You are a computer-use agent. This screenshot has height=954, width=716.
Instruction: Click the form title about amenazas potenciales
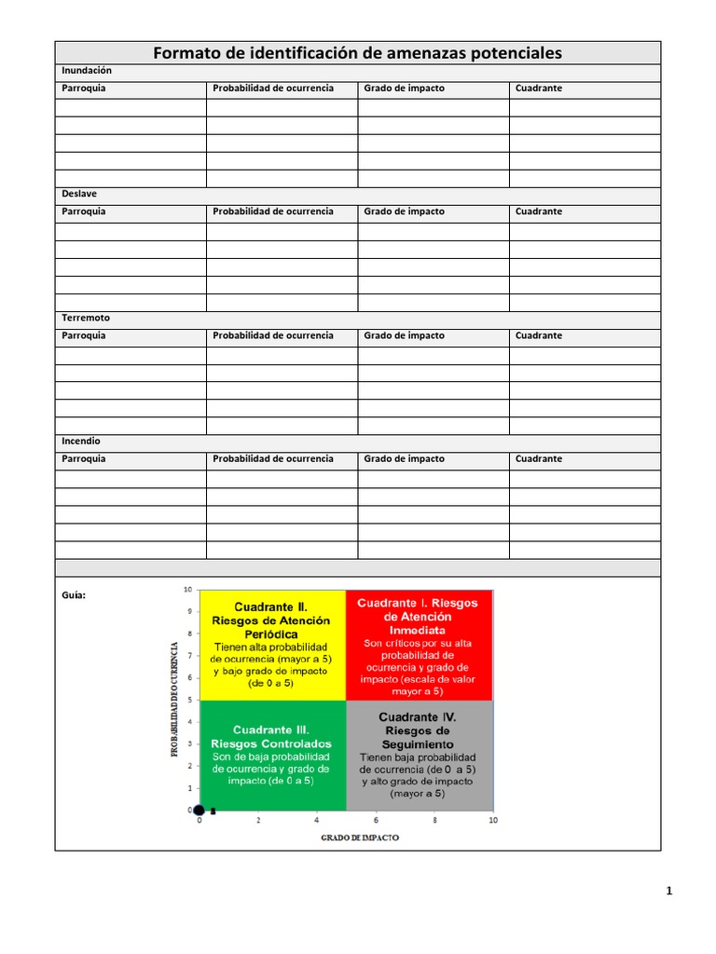(x=357, y=53)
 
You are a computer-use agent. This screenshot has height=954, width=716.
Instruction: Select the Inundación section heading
(x=87, y=71)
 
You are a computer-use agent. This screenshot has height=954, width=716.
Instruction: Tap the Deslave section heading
(x=79, y=194)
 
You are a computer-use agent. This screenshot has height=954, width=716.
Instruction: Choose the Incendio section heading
(x=81, y=441)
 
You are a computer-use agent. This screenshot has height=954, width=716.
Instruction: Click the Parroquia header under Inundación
(x=84, y=89)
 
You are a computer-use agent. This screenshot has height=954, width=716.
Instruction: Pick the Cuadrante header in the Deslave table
(x=539, y=211)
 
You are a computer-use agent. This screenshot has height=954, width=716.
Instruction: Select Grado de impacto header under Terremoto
(x=405, y=335)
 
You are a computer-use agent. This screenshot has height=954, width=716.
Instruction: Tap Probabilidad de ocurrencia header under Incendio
(x=272, y=458)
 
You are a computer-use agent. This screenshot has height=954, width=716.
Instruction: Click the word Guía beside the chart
(x=74, y=595)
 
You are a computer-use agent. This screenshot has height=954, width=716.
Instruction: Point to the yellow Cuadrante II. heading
(x=270, y=606)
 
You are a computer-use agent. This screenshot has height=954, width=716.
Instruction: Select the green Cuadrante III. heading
(x=270, y=729)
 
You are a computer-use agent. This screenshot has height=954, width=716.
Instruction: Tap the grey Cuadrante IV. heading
(x=417, y=717)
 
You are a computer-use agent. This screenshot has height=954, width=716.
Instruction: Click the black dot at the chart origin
(x=199, y=810)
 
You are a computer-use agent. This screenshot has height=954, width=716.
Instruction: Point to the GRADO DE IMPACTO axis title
(x=360, y=838)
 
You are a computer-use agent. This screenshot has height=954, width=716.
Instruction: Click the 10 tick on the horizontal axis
(x=492, y=821)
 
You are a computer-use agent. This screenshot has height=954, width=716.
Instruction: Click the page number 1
(x=669, y=891)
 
